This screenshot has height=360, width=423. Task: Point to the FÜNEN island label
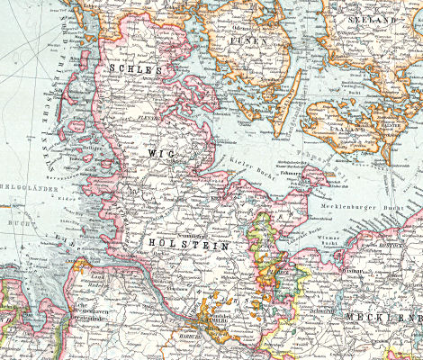(x=249, y=41)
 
